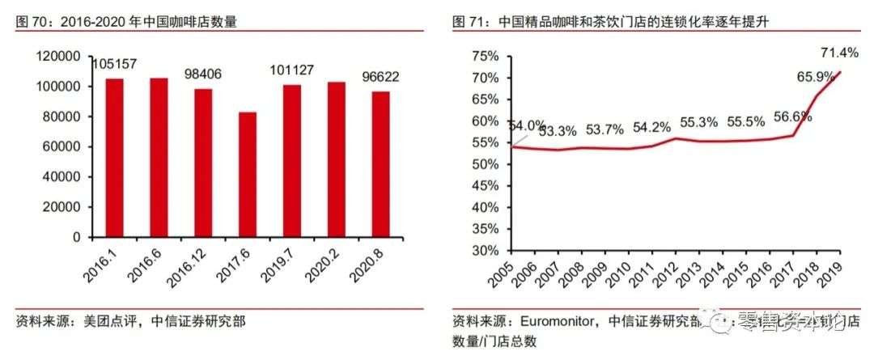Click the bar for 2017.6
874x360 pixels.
(x=248, y=174)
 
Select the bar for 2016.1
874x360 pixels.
(x=115, y=158)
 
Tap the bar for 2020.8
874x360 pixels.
(x=380, y=164)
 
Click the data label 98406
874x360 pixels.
(x=203, y=74)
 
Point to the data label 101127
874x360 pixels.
(x=291, y=70)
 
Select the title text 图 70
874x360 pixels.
(x=31, y=22)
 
